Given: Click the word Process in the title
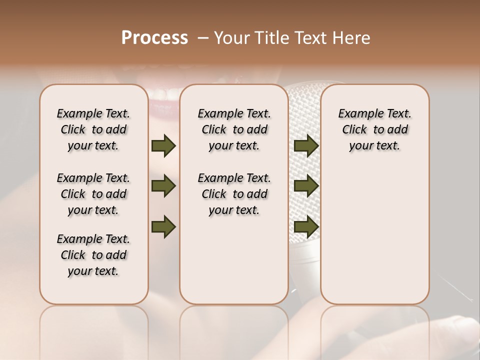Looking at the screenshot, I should [154, 38].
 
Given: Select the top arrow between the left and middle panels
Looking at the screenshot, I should [163, 145].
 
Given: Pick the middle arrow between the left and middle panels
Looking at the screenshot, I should [163, 186].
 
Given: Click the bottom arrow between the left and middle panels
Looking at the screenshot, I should [163, 226].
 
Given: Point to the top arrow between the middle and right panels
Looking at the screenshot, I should [306, 145].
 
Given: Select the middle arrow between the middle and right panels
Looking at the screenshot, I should [306, 186].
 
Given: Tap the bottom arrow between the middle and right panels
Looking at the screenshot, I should [306, 226].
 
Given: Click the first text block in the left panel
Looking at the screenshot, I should [93, 129].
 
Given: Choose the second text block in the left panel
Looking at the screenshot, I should [93, 194].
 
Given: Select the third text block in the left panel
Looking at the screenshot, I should [93, 255].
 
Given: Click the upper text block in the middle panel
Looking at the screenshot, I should [234, 129].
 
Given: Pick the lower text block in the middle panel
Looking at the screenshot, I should [234, 194].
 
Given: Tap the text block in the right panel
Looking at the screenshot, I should [374, 129].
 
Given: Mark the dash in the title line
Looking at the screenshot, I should [203, 38].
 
